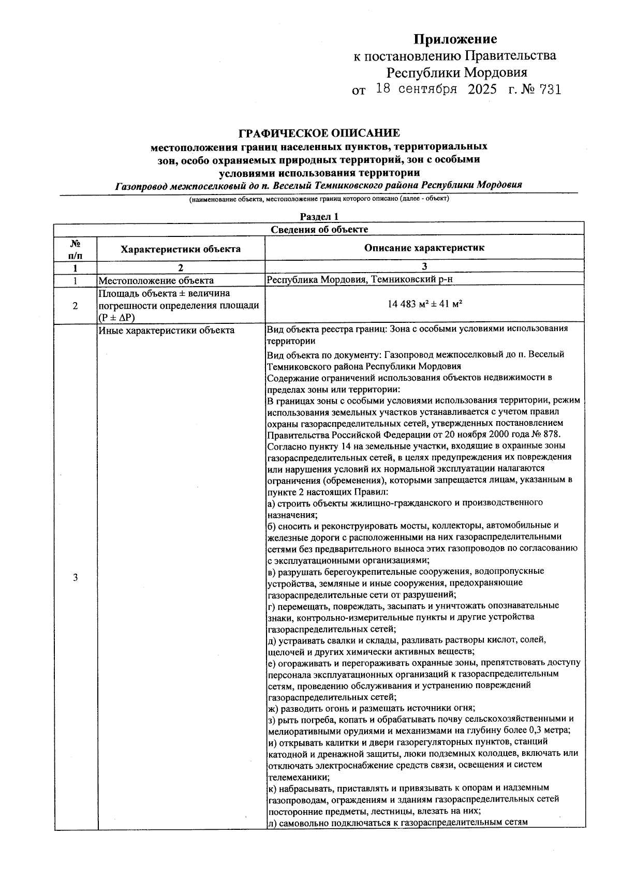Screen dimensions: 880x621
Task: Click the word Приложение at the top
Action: click(x=455, y=39)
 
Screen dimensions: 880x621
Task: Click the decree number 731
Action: click(x=550, y=90)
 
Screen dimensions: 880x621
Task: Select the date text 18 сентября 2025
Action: click(x=436, y=89)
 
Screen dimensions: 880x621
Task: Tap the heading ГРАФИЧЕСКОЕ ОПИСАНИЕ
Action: click(x=319, y=133)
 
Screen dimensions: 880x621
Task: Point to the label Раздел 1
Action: click(x=319, y=217)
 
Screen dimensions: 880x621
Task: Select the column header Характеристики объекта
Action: click(x=181, y=249)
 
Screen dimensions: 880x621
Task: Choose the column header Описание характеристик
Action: click(x=424, y=248)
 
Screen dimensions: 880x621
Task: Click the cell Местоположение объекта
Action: click(x=156, y=280)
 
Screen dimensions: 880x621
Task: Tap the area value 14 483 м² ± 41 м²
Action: click(x=424, y=304)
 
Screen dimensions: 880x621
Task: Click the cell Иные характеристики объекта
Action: click(x=167, y=330)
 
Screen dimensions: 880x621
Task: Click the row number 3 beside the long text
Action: click(x=76, y=577)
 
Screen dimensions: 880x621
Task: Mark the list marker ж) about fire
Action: click(x=272, y=708)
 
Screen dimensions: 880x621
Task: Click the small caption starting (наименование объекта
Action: click(x=319, y=199)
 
